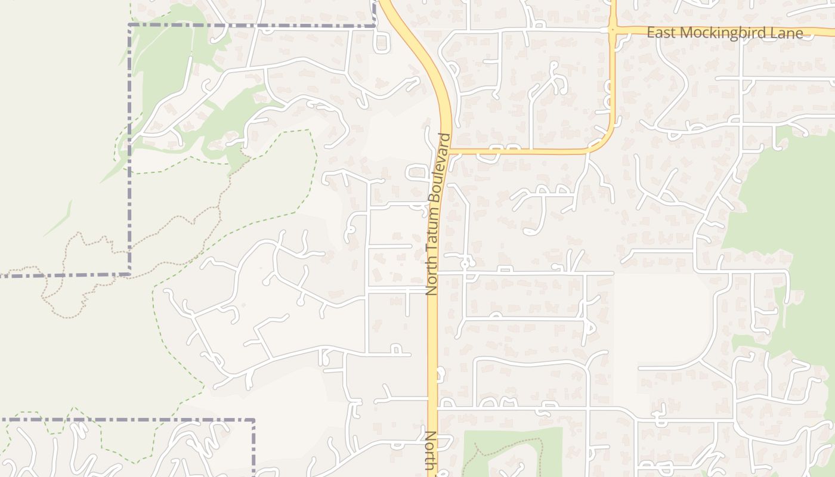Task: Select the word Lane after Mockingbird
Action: click(x=788, y=33)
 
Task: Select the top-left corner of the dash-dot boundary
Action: click(x=129, y=26)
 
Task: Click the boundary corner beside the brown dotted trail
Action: click(x=129, y=274)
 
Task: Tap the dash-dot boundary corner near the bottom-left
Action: click(x=253, y=420)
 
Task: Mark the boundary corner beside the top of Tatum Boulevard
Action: click(x=374, y=26)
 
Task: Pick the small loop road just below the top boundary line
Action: click(x=382, y=42)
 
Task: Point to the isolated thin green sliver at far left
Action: click(x=58, y=219)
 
